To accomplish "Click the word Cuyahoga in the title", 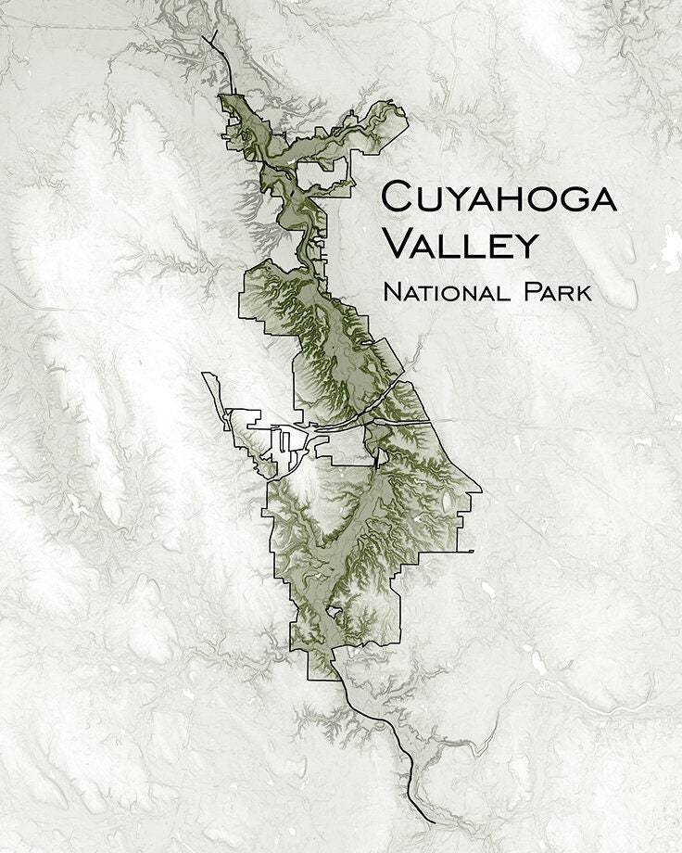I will tap(499, 198).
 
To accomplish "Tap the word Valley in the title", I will tap(461, 245).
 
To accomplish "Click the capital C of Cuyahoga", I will tap(398, 198).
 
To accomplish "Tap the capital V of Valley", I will tap(398, 245).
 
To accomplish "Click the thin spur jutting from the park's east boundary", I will tap(463, 552).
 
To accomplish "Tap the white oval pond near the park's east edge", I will tap(448, 502).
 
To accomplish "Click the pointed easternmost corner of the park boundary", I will tap(481, 490).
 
